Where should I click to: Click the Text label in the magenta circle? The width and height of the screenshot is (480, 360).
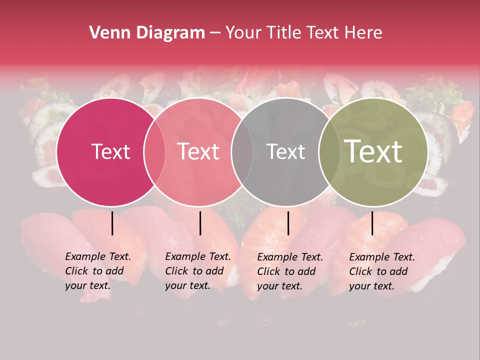(110, 152)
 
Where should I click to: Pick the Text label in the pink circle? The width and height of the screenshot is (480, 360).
(198, 152)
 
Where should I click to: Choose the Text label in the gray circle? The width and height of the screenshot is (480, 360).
(285, 152)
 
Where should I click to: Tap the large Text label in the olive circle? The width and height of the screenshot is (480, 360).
(373, 152)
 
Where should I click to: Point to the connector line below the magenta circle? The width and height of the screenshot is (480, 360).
(112, 223)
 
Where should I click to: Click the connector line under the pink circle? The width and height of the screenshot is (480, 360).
(200, 223)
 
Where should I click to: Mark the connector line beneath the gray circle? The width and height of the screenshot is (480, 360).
(288, 223)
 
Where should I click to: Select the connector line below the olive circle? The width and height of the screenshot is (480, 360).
(372, 223)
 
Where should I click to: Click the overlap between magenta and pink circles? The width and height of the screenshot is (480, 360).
(154, 152)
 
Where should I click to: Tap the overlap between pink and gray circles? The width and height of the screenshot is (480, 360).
(242, 152)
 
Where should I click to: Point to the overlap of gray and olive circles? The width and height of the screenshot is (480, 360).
(328, 152)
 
